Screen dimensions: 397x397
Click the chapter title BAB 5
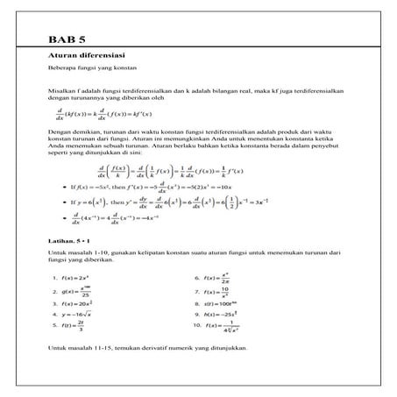pyautogui.click(x=67, y=39)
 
